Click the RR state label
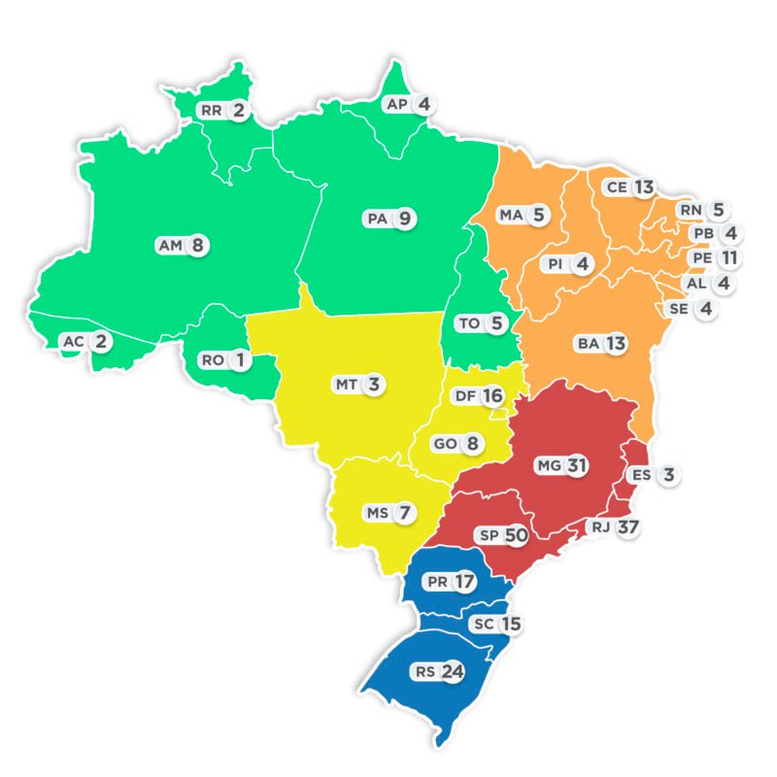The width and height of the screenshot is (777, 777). (212, 111)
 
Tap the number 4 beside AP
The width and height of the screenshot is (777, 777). (422, 104)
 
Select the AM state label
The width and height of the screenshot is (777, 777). (170, 246)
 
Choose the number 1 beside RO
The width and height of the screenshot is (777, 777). (239, 360)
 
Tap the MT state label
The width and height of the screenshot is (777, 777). (347, 385)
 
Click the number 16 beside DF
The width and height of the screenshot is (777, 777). (492, 395)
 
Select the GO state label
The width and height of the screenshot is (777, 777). (445, 444)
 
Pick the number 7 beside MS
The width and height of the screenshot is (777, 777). (405, 512)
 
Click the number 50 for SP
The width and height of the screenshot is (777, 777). (516, 535)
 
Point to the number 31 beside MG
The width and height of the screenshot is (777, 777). (577, 466)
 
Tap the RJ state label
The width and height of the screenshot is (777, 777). (599, 527)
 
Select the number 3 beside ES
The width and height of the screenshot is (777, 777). (668, 475)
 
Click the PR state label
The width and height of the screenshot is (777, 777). (437, 582)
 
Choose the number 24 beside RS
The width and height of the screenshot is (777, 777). (453, 671)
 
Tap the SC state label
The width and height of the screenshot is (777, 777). (483, 625)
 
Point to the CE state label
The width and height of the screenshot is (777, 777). (616, 186)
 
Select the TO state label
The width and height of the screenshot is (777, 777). (469, 323)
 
